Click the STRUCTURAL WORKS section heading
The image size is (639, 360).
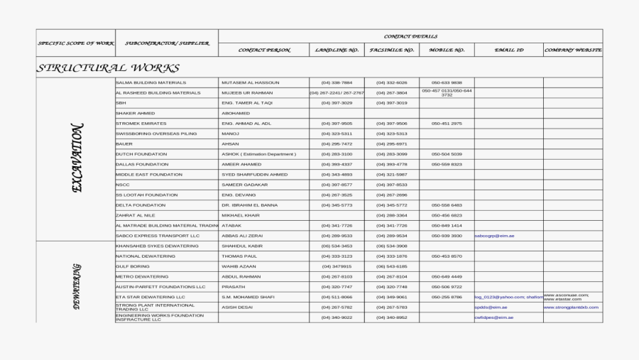tap(109, 68)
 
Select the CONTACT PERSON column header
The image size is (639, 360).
tap(264, 50)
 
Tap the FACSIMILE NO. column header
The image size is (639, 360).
tap(391, 50)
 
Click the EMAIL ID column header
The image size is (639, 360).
tap(509, 50)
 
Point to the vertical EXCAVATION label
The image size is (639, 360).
tap(77, 158)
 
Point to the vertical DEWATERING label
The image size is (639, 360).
tap(77, 286)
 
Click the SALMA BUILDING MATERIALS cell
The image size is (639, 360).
tap(146, 82)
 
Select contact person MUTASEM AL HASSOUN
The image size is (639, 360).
tap(251, 82)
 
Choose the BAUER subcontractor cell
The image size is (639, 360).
tap(124, 143)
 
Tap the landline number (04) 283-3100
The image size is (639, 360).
tap(337, 154)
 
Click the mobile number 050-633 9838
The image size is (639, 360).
tap(447, 82)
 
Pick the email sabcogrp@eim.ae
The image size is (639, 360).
tap(494, 236)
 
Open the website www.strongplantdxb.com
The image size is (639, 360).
tap(572, 307)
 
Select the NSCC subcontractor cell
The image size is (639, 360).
tap(123, 185)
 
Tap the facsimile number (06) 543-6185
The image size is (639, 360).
tap(391, 266)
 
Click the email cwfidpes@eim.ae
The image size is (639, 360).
tap(494, 317)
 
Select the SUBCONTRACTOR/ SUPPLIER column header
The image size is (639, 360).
tap(167, 43)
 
